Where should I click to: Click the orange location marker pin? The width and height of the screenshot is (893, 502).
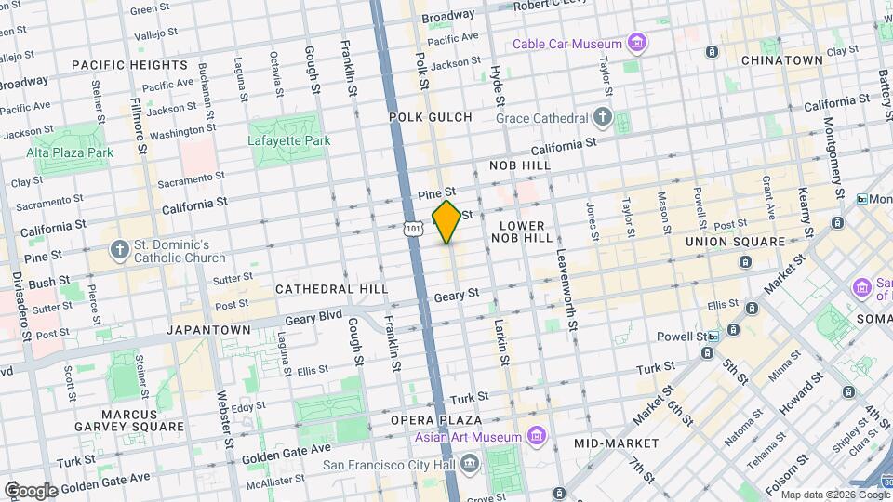pos(447,222)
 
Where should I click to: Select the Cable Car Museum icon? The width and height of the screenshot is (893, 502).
pos(636,44)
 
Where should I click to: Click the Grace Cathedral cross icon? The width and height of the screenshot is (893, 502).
pos(603,118)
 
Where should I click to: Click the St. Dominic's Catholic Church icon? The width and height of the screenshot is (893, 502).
pos(119,249)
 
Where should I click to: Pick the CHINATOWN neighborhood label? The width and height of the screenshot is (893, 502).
pos(781,60)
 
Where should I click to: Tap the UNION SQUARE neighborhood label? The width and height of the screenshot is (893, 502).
pos(736,242)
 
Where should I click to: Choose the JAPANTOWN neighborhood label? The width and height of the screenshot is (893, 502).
pos(207,330)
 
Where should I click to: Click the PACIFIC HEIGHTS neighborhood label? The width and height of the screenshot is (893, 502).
pos(129,65)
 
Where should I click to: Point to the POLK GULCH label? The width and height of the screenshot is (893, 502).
pos(430,117)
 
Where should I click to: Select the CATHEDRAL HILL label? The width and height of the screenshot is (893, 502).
pos(331,289)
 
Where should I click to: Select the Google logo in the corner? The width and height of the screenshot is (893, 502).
pos(31,490)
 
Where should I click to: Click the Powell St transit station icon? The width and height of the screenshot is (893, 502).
pos(713,337)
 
